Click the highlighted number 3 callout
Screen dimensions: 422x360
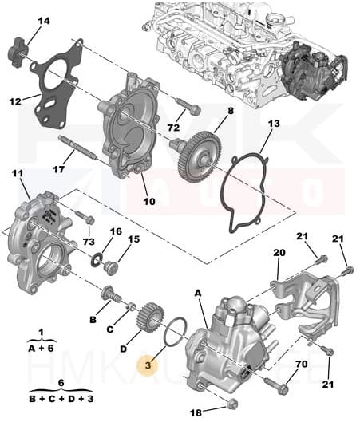146,365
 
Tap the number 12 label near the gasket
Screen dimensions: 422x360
15,101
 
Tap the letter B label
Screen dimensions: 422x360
93,319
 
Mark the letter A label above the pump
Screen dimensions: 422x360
199,293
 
